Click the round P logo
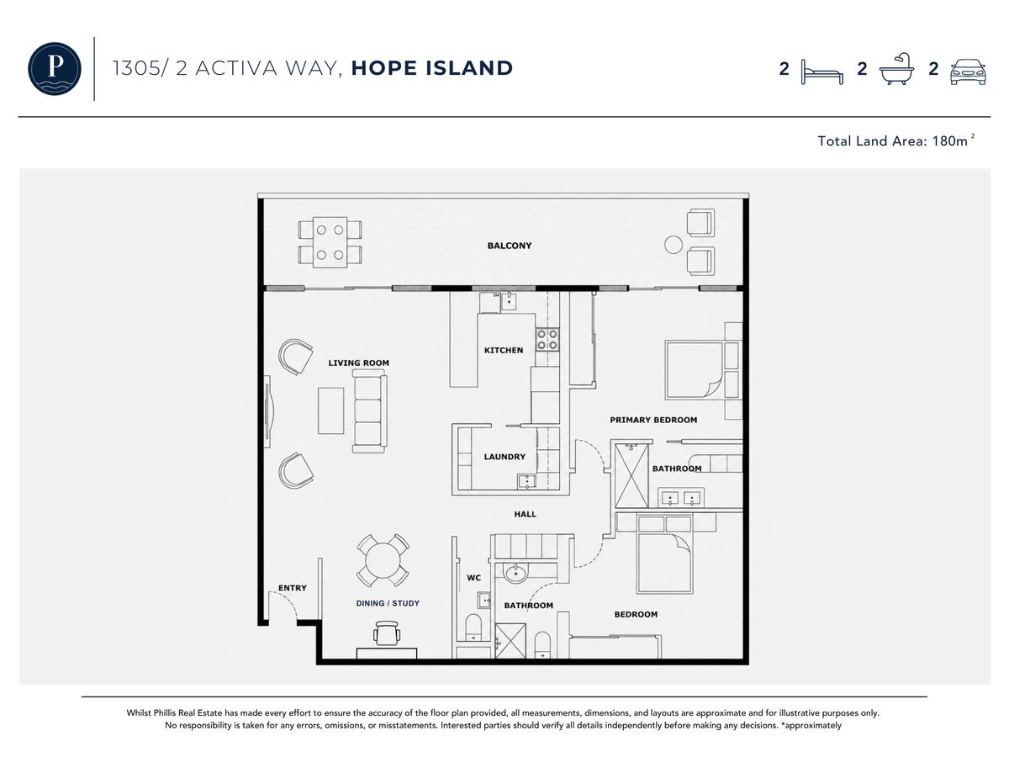(55, 68)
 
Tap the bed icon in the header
(821, 71)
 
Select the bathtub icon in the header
(896, 68)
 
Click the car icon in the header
(968, 71)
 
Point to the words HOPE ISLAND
(431, 68)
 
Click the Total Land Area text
(895, 140)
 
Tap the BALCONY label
(510, 246)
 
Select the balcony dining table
(330, 242)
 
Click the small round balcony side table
(674, 245)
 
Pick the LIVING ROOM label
(358, 363)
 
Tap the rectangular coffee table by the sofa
(330, 410)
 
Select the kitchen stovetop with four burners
(547, 339)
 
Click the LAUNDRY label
(504, 457)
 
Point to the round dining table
(383, 560)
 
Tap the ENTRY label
(293, 587)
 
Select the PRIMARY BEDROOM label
(653, 420)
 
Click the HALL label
(525, 514)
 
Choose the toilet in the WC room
(473, 627)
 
